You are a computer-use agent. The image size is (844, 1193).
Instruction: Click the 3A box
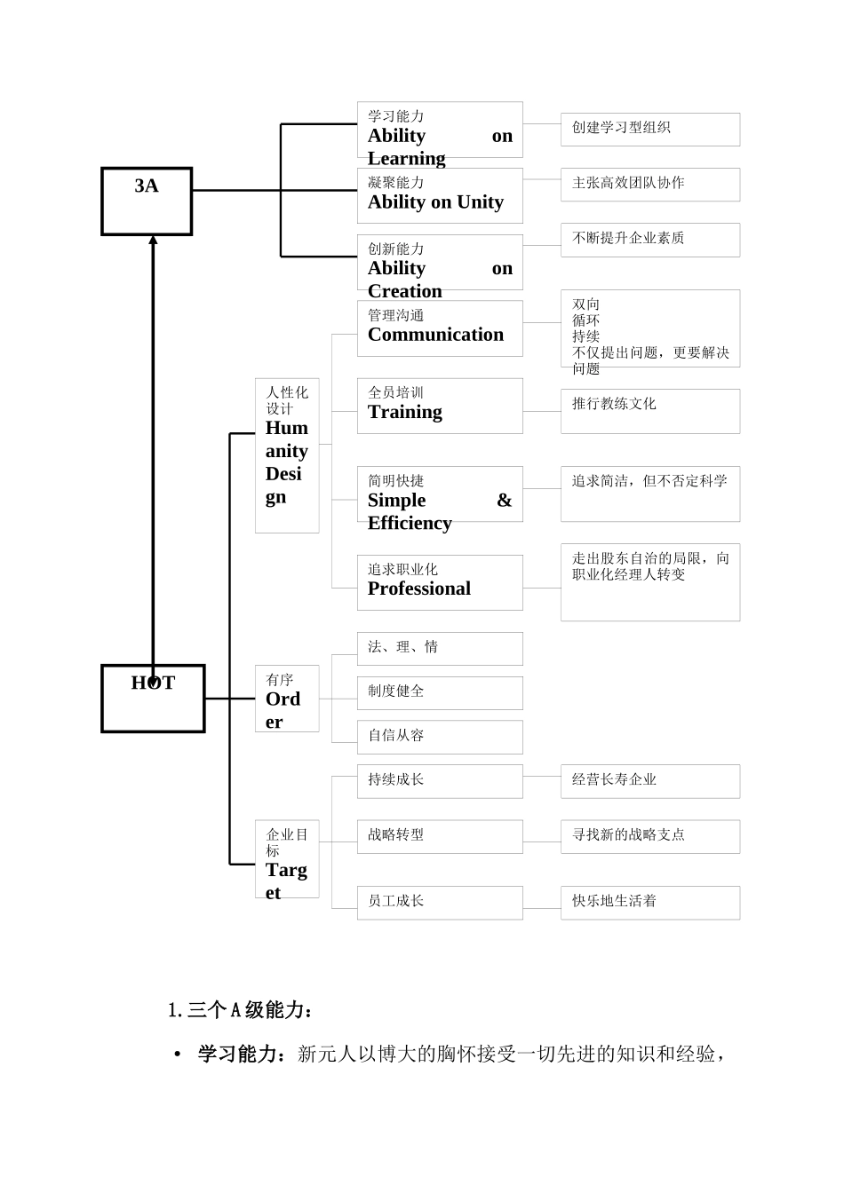147,201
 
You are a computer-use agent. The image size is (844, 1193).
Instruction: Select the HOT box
153,699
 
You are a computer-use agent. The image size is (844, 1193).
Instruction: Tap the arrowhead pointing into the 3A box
153,240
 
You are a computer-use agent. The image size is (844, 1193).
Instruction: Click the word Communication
435,335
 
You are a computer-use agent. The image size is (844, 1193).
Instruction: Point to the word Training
405,412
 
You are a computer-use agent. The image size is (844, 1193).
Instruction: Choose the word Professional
419,589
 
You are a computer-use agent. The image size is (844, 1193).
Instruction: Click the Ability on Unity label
435,202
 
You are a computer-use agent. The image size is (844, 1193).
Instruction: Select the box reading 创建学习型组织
649,130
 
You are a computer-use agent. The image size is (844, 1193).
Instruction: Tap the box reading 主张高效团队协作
649,185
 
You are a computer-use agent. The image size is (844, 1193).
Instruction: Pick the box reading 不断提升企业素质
649,240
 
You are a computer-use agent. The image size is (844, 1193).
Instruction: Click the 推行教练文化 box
649,411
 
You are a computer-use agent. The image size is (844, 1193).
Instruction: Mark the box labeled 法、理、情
440,649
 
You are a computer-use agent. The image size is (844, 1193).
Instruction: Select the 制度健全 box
440,693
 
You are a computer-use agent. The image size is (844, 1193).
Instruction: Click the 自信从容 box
440,737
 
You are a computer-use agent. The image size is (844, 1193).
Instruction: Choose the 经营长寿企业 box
649,781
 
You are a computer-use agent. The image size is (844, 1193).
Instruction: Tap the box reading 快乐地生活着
649,903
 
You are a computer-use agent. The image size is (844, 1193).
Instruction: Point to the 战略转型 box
440,836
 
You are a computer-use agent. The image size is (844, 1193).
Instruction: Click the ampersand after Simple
504,501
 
